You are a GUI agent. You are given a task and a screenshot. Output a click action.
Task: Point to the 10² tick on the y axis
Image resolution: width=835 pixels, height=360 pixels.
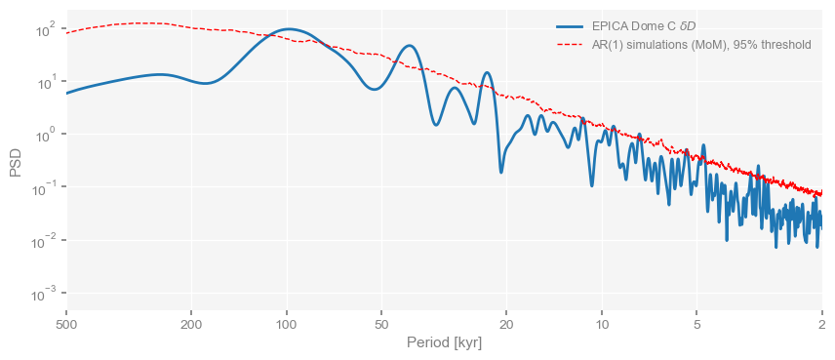pyautogui.click(x=44, y=29)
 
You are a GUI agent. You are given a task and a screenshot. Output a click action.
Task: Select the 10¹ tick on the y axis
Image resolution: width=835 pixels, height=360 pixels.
pyautogui.click(x=44, y=82)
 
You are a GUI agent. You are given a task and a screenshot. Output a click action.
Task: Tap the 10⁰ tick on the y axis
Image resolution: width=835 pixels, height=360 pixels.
pyautogui.click(x=44, y=135)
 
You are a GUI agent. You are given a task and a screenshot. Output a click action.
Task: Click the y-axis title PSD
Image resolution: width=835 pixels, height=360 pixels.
pyautogui.click(x=16, y=162)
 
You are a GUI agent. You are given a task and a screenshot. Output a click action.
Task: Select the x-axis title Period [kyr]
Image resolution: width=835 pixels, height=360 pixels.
pyautogui.click(x=444, y=343)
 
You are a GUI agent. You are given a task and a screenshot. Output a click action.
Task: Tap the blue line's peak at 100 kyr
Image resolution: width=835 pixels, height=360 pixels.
pyautogui.click(x=288, y=29)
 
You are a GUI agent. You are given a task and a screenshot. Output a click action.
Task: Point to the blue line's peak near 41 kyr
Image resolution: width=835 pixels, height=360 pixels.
pyautogui.click(x=410, y=46)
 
